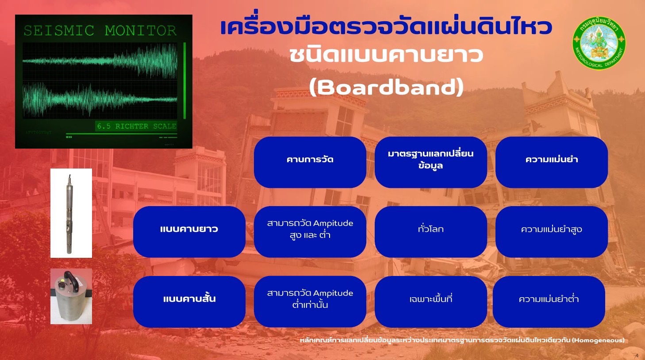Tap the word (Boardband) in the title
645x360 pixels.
click(386, 87)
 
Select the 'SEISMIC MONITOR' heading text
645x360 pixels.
click(100, 31)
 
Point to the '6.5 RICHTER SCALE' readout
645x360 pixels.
click(136, 126)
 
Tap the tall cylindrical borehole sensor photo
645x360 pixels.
click(71, 213)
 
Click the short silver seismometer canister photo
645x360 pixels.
click(71, 296)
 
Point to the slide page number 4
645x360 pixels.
click(637, 355)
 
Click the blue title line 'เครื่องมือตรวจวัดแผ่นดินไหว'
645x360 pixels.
click(386, 27)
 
